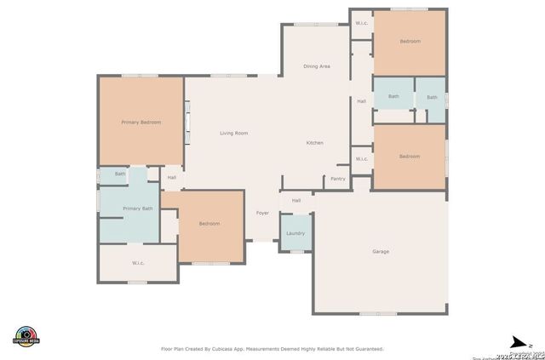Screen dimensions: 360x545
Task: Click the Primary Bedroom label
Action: click(x=141, y=123)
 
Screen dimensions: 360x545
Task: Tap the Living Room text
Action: click(x=233, y=134)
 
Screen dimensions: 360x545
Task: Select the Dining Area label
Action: click(x=317, y=66)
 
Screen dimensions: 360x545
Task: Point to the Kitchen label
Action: click(x=315, y=143)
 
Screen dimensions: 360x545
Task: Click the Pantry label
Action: click(x=338, y=179)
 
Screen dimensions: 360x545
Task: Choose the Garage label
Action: click(x=381, y=252)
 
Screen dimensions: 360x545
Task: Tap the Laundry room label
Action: click(x=295, y=233)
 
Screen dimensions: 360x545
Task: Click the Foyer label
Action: click(x=263, y=213)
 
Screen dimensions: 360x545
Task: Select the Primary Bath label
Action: click(x=138, y=209)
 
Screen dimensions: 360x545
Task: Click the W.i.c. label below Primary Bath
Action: click(x=138, y=263)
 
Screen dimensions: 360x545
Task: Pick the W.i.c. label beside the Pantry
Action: click(x=361, y=158)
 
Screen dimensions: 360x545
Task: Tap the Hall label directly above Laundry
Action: click(x=296, y=201)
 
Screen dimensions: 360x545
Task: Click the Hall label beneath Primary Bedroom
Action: click(x=172, y=178)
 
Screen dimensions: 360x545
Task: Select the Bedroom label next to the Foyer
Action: click(x=209, y=224)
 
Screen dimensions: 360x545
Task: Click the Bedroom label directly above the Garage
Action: click(x=410, y=156)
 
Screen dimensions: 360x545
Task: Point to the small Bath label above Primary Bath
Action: click(x=120, y=174)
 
